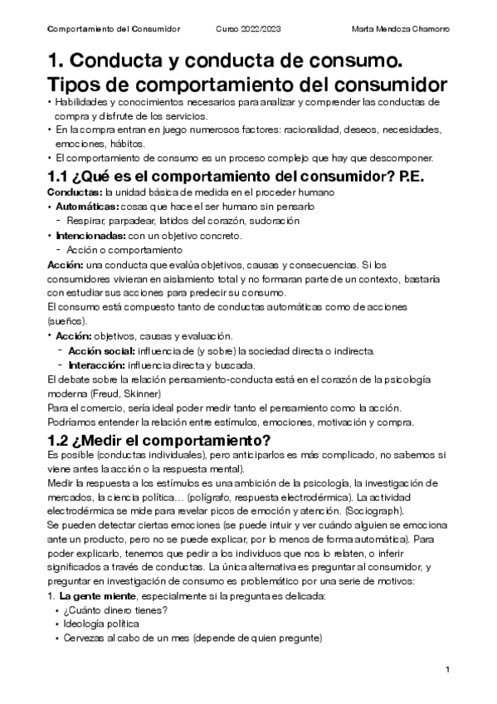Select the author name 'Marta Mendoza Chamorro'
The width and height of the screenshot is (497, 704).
tap(401, 29)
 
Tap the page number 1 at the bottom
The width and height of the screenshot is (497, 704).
tap(447, 669)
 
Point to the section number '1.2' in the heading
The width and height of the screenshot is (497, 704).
tap(61, 440)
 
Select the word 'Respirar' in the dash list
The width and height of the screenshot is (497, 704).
tap(85, 221)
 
